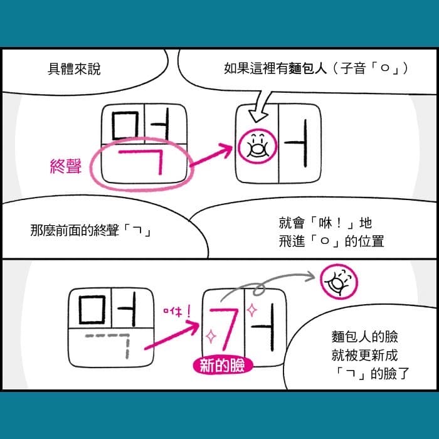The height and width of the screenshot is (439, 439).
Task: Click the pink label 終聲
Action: (x=66, y=166)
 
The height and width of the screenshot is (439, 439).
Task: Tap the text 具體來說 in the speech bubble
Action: (x=74, y=69)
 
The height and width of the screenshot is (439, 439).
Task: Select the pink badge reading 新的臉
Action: (x=223, y=366)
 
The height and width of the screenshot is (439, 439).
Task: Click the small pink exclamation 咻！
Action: (x=177, y=311)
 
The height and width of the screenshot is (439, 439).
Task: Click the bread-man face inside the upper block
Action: (x=257, y=146)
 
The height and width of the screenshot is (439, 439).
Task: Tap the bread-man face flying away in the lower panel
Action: (x=339, y=282)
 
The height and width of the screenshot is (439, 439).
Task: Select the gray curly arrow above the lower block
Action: (x=266, y=283)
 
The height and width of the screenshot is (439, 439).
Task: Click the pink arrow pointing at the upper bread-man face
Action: (x=211, y=156)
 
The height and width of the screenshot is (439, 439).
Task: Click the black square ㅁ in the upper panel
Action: (x=125, y=125)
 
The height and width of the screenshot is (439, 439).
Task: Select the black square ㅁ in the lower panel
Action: (x=92, y=310)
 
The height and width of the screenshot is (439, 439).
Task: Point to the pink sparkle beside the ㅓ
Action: (x=251, y=310)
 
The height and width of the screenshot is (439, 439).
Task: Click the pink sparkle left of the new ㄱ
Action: (x=211, y=336)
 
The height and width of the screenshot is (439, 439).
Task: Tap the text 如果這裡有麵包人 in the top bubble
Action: (x=275, y=68)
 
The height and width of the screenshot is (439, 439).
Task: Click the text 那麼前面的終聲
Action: (x=75, y=230)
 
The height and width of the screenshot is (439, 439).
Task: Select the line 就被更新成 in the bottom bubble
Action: (x=364, y=355)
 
